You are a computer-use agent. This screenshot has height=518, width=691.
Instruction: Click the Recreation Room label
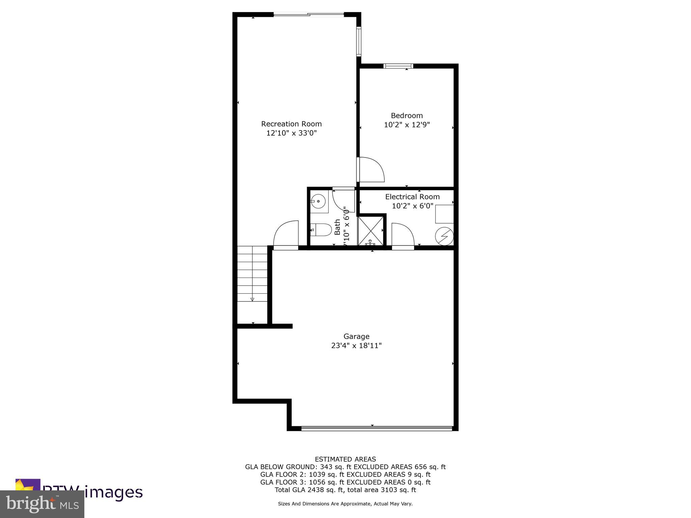(x=292, y=124)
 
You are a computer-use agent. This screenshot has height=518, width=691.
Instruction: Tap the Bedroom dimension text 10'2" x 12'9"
(x=407, y=125)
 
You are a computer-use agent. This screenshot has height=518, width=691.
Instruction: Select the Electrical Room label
(x=412, y=197)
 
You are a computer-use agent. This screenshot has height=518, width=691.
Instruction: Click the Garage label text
(x=356, y=336)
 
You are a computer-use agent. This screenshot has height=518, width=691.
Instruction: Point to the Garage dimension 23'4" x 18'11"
(x=356, y=346)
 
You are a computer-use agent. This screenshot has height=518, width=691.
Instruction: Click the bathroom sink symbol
(x=318, y=201)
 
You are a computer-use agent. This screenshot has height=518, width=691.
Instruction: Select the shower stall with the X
(x=370, y=231)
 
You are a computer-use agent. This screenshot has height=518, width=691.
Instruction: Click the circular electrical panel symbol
(x=444, y=236)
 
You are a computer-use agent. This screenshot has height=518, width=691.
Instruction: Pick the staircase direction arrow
(x=252, y=299)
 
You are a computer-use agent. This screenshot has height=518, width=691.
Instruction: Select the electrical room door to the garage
(x=403, y=236)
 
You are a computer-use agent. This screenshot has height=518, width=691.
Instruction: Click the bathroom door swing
(x=343, y=201)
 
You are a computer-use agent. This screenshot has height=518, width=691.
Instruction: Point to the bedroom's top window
(x=398, y=66)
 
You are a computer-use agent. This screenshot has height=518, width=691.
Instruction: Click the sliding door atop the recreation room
(x=308, y=14)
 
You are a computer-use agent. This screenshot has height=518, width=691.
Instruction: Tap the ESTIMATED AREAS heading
(x=345, y=459)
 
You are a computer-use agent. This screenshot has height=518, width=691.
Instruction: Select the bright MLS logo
(x=42, y=504)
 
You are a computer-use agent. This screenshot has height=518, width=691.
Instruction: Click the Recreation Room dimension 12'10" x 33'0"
(x=292, y=133)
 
